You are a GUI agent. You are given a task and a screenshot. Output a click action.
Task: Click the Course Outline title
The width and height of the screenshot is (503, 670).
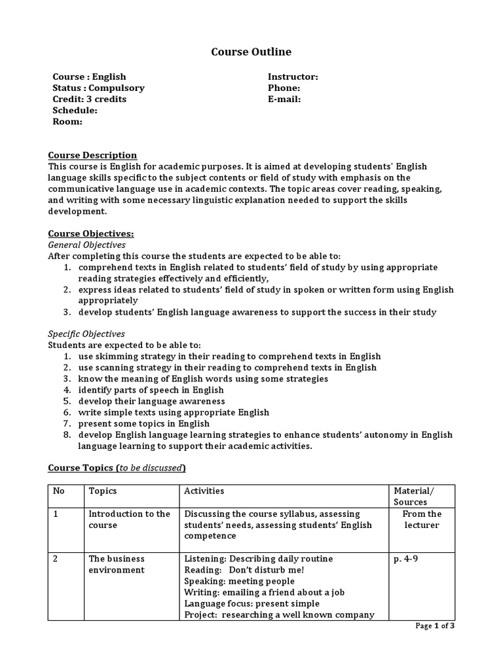[251, 52]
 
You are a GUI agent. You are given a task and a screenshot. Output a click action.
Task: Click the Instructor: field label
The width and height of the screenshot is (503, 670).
[293, 77]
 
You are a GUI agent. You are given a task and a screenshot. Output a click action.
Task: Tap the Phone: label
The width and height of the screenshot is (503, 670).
[284, 88]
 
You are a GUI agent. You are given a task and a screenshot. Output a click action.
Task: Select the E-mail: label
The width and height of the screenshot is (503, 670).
[284, 99]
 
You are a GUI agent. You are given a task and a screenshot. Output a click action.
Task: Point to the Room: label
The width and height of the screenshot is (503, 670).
[67, 121]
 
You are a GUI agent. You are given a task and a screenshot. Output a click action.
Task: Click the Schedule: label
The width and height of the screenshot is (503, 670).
[75, 110]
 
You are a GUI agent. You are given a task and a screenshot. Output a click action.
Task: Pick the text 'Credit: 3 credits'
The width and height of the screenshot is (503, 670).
[90, 99]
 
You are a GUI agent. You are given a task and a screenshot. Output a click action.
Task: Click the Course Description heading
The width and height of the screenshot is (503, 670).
[93, 155]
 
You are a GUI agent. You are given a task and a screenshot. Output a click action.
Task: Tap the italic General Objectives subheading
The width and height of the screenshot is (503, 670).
[88, 244]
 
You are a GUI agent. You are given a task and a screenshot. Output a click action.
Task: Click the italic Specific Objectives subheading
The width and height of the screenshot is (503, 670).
[87, 334]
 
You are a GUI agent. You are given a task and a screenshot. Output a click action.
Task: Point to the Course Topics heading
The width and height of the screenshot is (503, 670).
[117, 467]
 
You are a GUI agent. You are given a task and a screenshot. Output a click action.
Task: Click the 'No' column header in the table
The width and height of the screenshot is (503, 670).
[60, 491]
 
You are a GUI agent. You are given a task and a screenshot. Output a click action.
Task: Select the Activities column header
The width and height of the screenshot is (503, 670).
[204, 491]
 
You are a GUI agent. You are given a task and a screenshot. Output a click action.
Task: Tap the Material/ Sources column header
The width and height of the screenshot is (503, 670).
[413, 496]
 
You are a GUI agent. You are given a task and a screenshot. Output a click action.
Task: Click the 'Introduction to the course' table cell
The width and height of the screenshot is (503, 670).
[129, 520]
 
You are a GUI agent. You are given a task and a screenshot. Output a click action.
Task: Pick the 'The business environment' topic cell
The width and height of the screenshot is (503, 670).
[117, 564]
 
